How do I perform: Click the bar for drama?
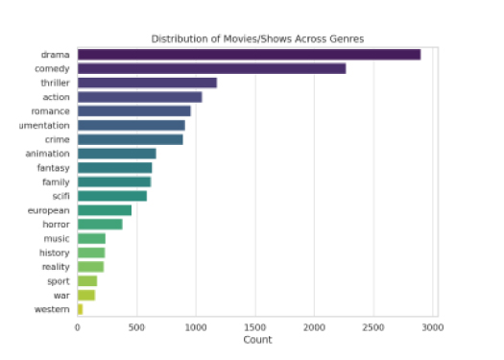point(249,55)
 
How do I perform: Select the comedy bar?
point(211,69)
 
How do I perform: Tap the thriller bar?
point(147,83)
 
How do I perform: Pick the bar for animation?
point(116,154)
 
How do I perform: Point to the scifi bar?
point(112,196)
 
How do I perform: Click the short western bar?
point(80,309)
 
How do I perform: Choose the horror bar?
point(100,225)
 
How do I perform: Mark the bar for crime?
point(130,139)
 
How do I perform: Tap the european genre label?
point(51,210)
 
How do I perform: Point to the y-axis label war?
point(62,296)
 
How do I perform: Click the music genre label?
point(57,238)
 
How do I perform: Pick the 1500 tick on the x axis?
point(255,327)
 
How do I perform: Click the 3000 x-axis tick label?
point(432,327)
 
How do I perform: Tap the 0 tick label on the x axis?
point(78,327)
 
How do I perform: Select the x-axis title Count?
point(256,340)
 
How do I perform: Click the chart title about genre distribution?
point(257,38)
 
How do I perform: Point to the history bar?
point(91,252)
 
